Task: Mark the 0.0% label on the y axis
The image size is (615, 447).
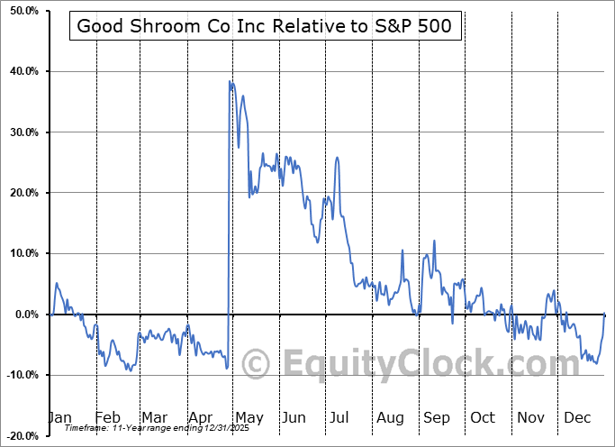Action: click(23, 315)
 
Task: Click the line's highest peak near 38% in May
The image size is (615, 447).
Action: click(230, 82)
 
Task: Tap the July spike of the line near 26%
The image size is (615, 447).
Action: click(337, 158)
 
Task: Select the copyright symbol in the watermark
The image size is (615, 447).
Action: click(257, 365)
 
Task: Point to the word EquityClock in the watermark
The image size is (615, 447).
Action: click(420, 365)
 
